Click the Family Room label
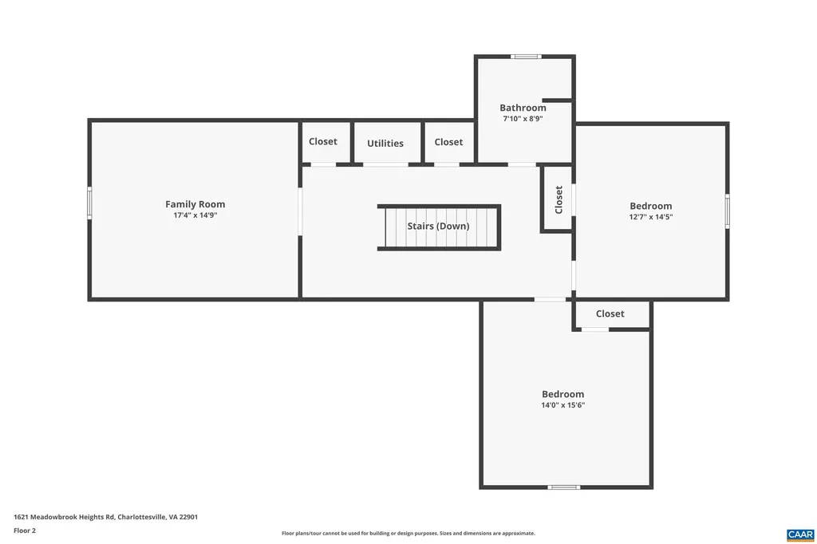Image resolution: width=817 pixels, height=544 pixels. [195, 204]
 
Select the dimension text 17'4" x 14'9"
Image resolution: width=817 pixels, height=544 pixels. [195, 215]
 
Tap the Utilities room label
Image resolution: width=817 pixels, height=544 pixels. [385, 144]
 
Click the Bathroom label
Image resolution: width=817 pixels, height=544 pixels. [523, 108]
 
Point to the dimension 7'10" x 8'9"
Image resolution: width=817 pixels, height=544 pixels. [523, 118]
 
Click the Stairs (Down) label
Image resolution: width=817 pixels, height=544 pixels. [438, 226]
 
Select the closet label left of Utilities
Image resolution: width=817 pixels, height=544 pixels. [323, 141]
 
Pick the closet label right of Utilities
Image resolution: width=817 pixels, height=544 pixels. [448, 142]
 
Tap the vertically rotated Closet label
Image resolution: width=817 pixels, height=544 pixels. [558, 199]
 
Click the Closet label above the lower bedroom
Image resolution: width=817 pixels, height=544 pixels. [610, 313]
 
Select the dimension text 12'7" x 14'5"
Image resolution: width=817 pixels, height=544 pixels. [650, 217]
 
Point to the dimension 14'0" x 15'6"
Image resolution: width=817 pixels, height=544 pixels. [562, 405]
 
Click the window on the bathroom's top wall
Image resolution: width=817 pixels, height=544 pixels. [526, 57]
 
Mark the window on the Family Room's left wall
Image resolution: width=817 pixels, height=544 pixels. [89, 203]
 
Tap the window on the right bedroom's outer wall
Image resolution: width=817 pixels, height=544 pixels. [727, 211]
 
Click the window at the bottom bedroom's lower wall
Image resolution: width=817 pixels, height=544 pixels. [564, 487]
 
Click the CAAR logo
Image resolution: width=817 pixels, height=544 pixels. [799, 534]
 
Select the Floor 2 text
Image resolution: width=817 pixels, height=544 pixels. [25, 530]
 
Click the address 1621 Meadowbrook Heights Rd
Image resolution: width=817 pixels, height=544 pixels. [105, 517]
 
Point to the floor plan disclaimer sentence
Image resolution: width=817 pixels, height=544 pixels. [408, 533]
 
